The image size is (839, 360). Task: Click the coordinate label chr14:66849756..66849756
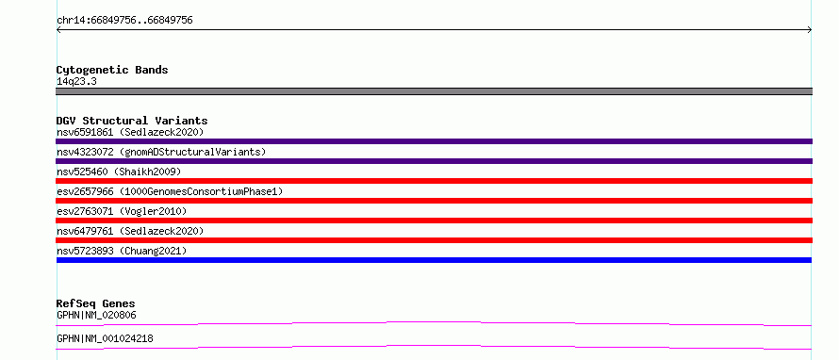coord(124,21)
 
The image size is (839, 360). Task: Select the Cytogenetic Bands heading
coord(112,70)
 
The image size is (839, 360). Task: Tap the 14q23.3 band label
coord(76,82)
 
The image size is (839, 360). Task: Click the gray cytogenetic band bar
coord(434,91)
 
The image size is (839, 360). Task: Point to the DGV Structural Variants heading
coord(132,121)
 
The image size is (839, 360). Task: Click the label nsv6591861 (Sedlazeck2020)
coord(130,132)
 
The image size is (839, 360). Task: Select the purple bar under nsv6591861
coord(434,141)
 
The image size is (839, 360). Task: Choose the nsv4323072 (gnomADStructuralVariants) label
coord(161,152)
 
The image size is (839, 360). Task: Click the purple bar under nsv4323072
coord(434,161)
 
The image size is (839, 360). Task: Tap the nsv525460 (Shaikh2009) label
coord(119,172)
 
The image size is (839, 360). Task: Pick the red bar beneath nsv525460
coord(434,181)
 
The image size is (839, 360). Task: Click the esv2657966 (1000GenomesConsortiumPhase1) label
coord(170,191)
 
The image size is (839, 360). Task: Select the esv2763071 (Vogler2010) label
coord(122,211)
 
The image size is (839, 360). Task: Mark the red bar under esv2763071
coord(434,221)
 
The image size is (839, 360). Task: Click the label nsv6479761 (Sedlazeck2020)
coord(130,231)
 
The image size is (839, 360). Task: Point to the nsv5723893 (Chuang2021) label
coord(122,251)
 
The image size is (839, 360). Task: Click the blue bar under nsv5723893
coord(434,260)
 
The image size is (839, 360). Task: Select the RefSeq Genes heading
coord(95,303)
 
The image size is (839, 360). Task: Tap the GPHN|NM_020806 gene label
coord(96,316)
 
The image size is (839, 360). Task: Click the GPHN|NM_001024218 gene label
coord(105,339)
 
